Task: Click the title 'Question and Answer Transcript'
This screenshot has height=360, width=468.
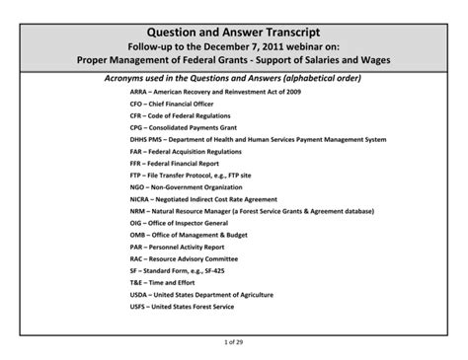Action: (234, 33)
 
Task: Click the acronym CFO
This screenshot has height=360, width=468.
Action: (137, 104)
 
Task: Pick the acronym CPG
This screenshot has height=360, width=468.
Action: (137, 128)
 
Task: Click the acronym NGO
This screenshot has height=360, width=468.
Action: (138, 186)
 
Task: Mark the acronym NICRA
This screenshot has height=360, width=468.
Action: (141, 198)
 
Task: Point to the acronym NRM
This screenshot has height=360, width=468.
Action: (138, 211)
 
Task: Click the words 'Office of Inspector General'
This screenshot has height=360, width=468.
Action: (190, 224)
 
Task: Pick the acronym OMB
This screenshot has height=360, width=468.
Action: (138, 236)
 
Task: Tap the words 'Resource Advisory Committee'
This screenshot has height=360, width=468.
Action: (195, 259)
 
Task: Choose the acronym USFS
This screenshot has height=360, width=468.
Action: (139, 307)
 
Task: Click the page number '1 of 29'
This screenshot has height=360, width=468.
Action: (234, 341)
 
